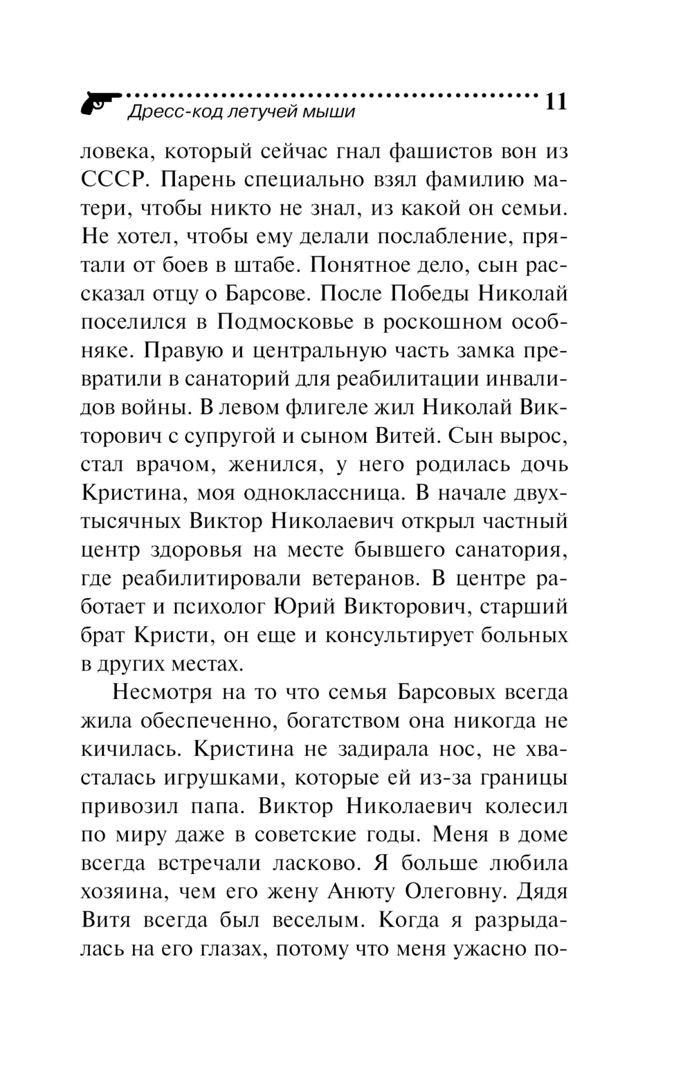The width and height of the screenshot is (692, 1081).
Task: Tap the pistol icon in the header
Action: pyautogui.click(x=99, y=105)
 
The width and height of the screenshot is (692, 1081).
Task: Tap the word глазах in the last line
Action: pyautogui.click(x=224, y=950)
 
